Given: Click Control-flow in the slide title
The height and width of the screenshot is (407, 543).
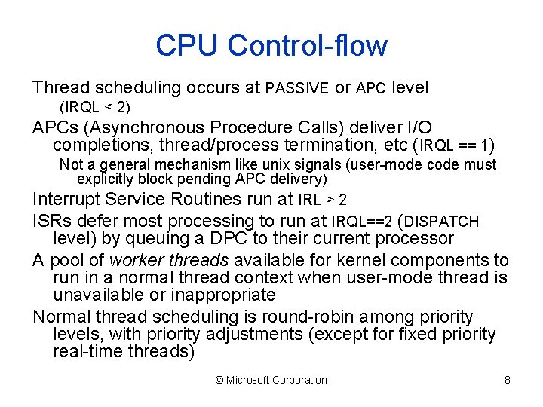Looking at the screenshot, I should click(308, 45).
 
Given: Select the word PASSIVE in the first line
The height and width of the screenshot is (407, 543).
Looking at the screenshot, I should click(297, 89).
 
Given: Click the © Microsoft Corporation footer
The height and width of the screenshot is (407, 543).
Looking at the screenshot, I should click(271, 380).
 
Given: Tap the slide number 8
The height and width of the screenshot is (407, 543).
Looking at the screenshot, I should click(508, 380).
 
